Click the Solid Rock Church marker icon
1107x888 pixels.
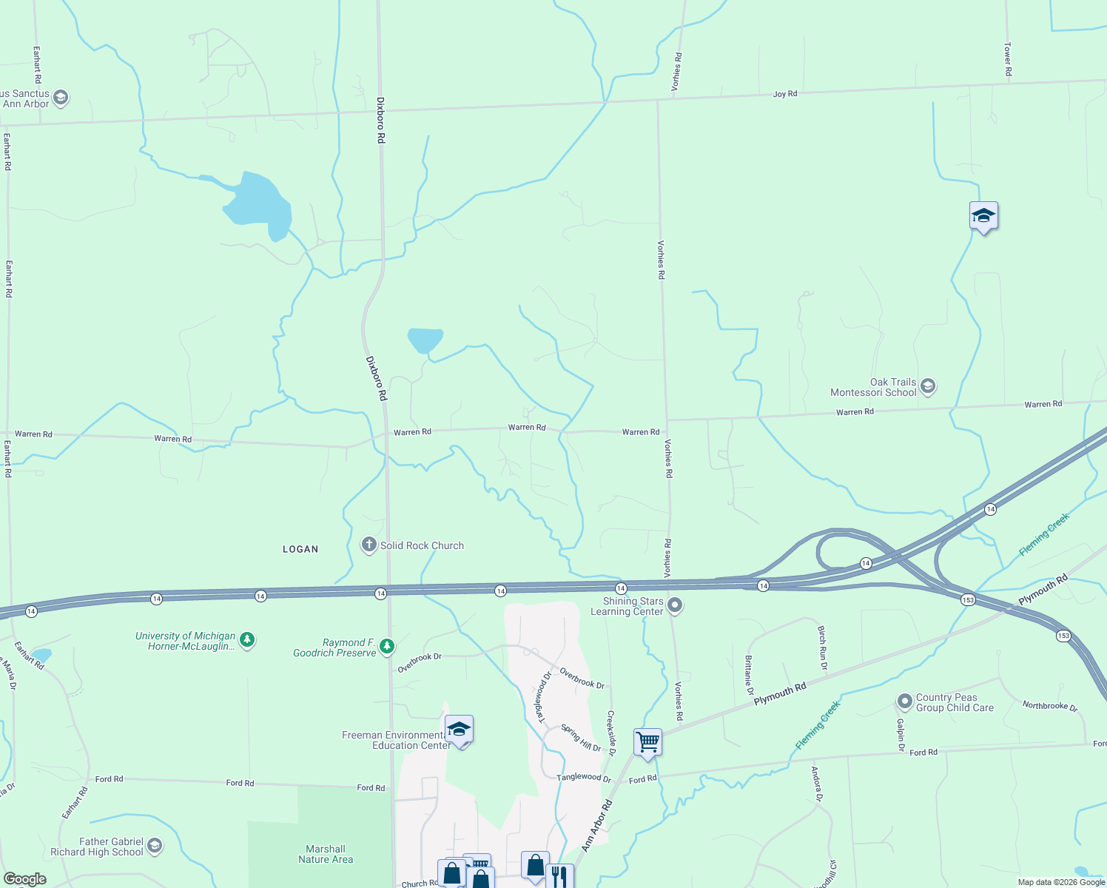click(369, 545)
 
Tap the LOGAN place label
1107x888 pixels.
click(300, 549)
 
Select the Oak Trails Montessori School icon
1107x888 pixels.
click(928, 386)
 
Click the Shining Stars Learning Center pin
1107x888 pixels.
click(674, 606)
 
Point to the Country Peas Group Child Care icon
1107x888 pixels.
click(904, 702)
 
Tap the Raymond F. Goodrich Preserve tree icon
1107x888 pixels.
click(386, 647)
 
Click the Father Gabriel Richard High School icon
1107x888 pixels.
click(154, 846)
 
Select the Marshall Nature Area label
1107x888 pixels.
click(326, 854)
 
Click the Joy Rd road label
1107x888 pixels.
click(785, 94)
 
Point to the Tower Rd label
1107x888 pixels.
click(1008, 59)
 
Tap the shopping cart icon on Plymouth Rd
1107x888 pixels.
click(647, 741)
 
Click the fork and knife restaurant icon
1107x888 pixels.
click(559, 877)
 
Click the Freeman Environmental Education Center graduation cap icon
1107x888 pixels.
click(459, 730)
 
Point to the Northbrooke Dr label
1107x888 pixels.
click(1050, 706)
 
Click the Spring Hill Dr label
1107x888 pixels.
click(581, 738)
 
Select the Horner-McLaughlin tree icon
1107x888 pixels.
click(247, 640)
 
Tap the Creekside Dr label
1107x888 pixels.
click(611, 732)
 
